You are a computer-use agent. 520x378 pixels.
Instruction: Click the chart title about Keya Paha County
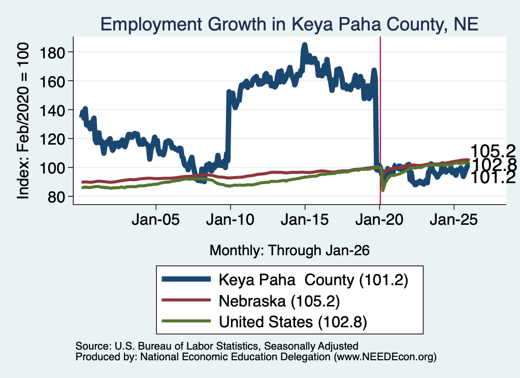click(289, 24)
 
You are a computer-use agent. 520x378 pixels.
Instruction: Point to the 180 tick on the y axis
click(52, 52)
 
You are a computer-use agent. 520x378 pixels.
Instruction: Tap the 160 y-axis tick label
click(52, 81)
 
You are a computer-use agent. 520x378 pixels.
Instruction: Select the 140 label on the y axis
click(52, 110)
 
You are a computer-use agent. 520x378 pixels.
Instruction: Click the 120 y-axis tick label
click(52, 139)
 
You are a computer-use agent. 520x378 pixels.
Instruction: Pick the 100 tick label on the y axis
click(52, 167)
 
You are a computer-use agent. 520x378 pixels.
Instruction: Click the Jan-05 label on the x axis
click(155, 220)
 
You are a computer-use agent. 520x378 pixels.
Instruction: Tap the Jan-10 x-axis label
click(230, 220)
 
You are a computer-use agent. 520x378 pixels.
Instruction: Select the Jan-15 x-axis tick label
click(305, 220)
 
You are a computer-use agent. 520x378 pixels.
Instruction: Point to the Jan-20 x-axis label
click(379, 220)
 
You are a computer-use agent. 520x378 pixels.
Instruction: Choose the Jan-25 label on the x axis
click(453, 220)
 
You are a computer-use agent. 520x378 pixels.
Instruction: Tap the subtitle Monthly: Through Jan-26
click(289, 250)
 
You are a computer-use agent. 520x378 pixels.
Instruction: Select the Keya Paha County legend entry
click(285, 280)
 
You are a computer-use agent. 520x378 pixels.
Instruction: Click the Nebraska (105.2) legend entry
click(251, 301)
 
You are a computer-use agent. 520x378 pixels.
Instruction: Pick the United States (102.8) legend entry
click(264, 322)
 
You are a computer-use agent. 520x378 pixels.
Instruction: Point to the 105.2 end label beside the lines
click(493, 151)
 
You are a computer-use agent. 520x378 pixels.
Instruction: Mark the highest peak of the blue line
click(305, 44)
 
